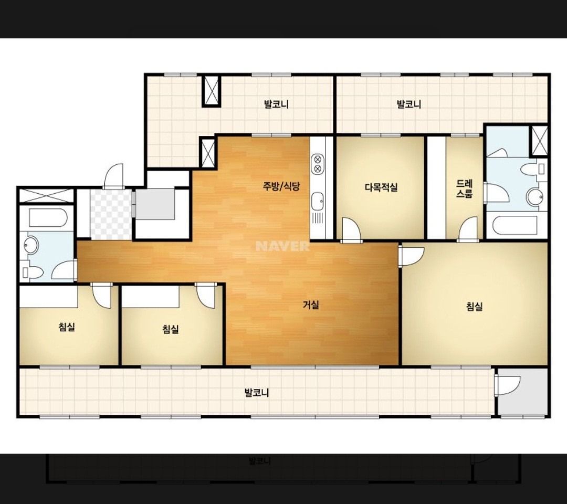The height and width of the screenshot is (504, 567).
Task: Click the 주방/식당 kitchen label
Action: [281, 186]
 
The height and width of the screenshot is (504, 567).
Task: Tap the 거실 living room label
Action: [311, 305]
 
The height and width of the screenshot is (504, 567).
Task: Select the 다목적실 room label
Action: [381, 187]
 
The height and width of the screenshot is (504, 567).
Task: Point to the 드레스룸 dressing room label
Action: [464, 188]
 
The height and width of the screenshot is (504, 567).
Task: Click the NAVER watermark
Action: [282, 246]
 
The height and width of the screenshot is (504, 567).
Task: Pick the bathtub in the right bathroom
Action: [516, 225]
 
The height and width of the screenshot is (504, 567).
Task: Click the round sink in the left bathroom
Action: [31, 245]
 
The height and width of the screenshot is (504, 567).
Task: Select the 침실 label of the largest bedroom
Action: [475, 307]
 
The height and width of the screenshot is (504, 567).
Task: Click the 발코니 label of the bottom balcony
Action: [257, 393]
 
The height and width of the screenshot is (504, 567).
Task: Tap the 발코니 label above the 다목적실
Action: [409, 104]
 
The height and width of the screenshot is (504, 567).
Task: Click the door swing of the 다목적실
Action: [351, 229]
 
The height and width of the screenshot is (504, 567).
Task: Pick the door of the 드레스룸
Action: [469, 229]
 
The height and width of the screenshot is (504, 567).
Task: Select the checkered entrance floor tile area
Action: [111, 214]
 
